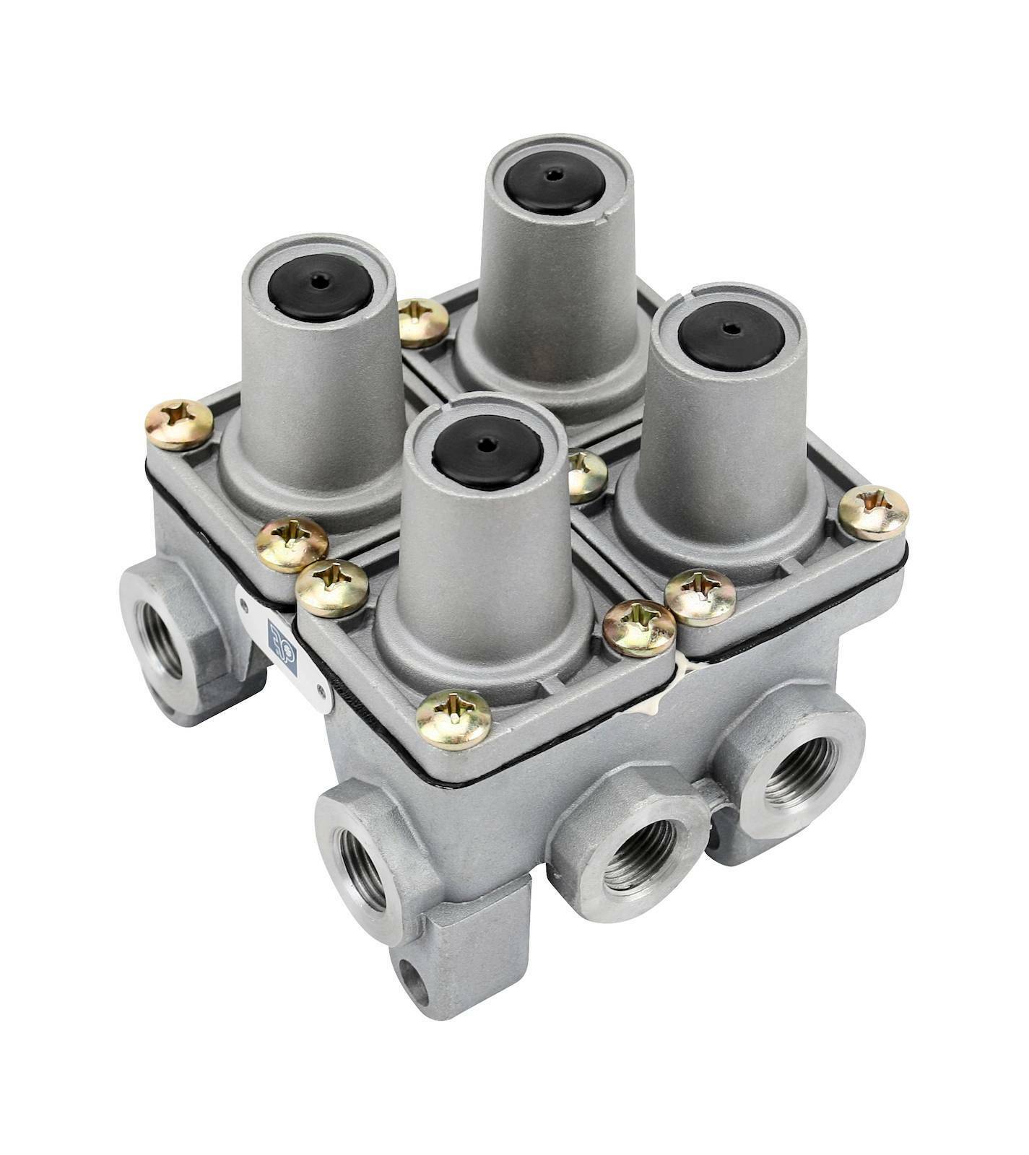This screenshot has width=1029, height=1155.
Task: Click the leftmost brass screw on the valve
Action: coord(178,424)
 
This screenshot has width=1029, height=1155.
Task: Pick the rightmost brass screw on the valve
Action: coord(874,514)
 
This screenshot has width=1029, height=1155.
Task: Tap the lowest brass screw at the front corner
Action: coord(454,719)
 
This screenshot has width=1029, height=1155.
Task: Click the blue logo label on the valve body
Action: coord(278,636)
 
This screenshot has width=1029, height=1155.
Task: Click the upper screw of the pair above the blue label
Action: coord(292,543)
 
